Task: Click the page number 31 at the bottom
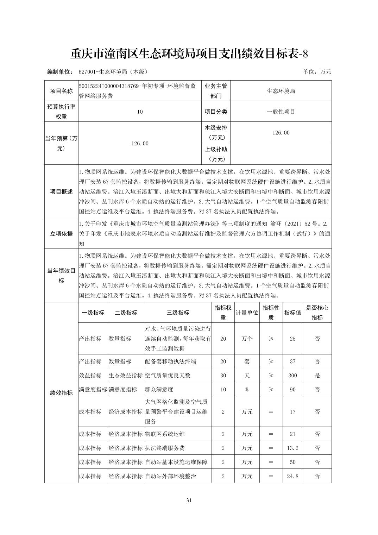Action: click(x=189, y=500)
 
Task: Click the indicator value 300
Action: click(x=292, y=376)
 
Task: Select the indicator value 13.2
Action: click(x=292, y=448)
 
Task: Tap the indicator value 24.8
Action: click(x=292, y=476)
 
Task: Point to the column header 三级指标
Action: click(x=178, y=313)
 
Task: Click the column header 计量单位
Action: click(x=247, y=313)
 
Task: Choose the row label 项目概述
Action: click(x=61, y=192)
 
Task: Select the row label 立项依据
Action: click(x=61, y=234)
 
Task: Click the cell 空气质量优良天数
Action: click(x=168, y=376)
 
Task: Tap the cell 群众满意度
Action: click(x=159, y=390)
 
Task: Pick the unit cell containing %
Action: click(x=247, y=390)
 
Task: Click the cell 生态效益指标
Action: click(x=126, y=376)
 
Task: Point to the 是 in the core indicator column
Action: click(x=317, y=376)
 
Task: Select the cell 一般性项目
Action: click(x=281, y=112)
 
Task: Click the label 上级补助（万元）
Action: click(x=216, y=154)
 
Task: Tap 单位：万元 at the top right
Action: click(x=317, y=72)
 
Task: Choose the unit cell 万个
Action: click(x=247, y=339)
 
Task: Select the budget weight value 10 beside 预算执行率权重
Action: click(x=140, y=112)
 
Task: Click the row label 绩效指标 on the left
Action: click(x=61, y=393)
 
